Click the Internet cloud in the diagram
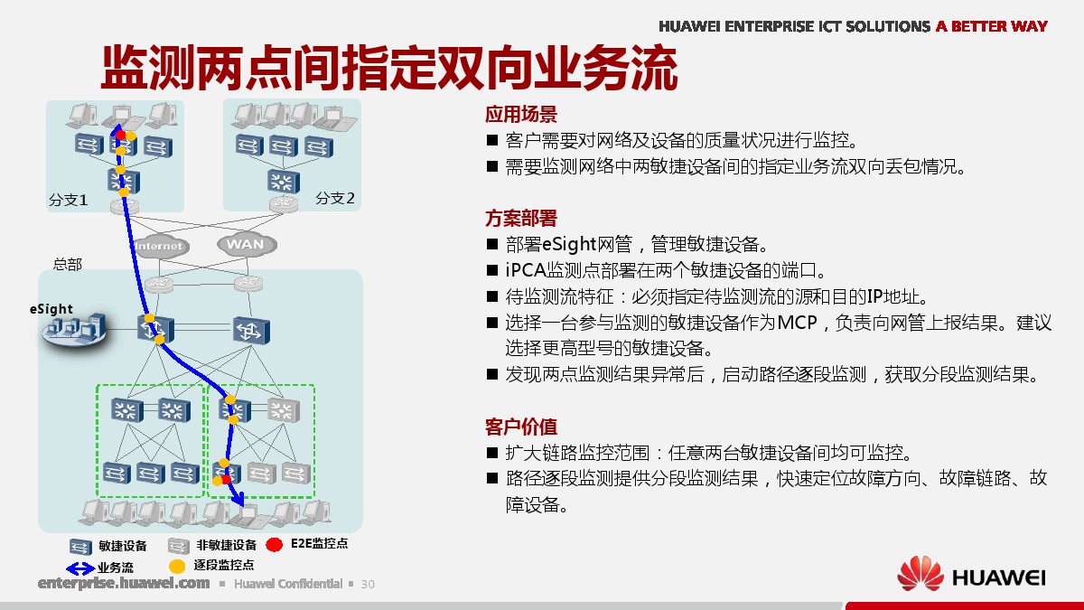coord(160,246)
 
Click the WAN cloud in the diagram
coord(247,245)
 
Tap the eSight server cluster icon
coord(74,330)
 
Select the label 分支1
coord(69,200)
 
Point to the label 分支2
coord(335,198)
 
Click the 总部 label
coord(67,264)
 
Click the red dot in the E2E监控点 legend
coord(275,545)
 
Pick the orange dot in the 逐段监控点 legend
coord(177,566)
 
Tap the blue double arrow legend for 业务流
coord(79,568)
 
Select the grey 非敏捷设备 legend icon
coord(178,546)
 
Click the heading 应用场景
coord(521,115)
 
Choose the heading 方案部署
coord(521,219)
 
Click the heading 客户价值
coord(521,427)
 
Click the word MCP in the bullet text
coord(797,323)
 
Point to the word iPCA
coord(526,270)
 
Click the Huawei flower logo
coord(920,574)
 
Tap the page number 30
coord(368,585)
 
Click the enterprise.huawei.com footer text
coord(124,583)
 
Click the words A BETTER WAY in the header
coord(992,26)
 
